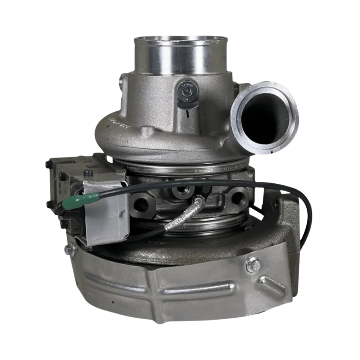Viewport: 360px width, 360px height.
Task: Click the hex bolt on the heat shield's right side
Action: [x=253, y=264]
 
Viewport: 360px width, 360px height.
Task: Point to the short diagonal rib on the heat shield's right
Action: [x=273, y=283]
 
